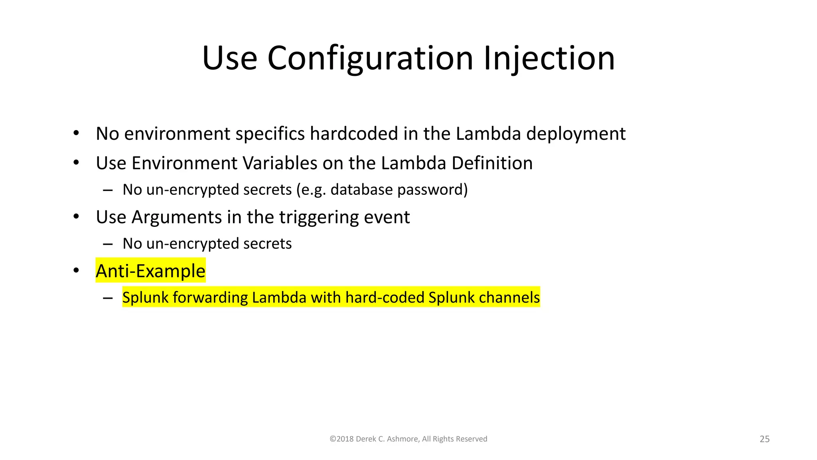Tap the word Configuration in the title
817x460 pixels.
click(x=370, y=58)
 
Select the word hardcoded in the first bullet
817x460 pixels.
click(x=354, y=134)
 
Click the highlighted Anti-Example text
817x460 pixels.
click(x=150, y=271)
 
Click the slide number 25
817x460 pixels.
click(x=764, y=439)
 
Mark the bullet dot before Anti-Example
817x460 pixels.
click(x=76, y=271)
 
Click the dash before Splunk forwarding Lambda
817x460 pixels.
click(x=107, y=298)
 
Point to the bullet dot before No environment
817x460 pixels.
click(x=76, y=133)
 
